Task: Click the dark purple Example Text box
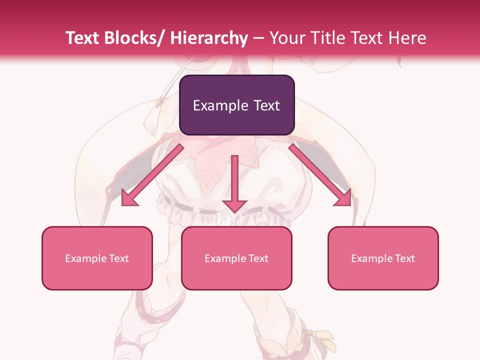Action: [x=236, y=105]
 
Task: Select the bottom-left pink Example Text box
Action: [x=97, y=258]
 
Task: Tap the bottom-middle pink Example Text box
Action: [x=236, y=258]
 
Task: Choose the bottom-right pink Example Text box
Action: [x=383, y=258]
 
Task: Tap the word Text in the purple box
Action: [x=263, y=105]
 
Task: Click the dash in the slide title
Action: [x=258, y=38]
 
